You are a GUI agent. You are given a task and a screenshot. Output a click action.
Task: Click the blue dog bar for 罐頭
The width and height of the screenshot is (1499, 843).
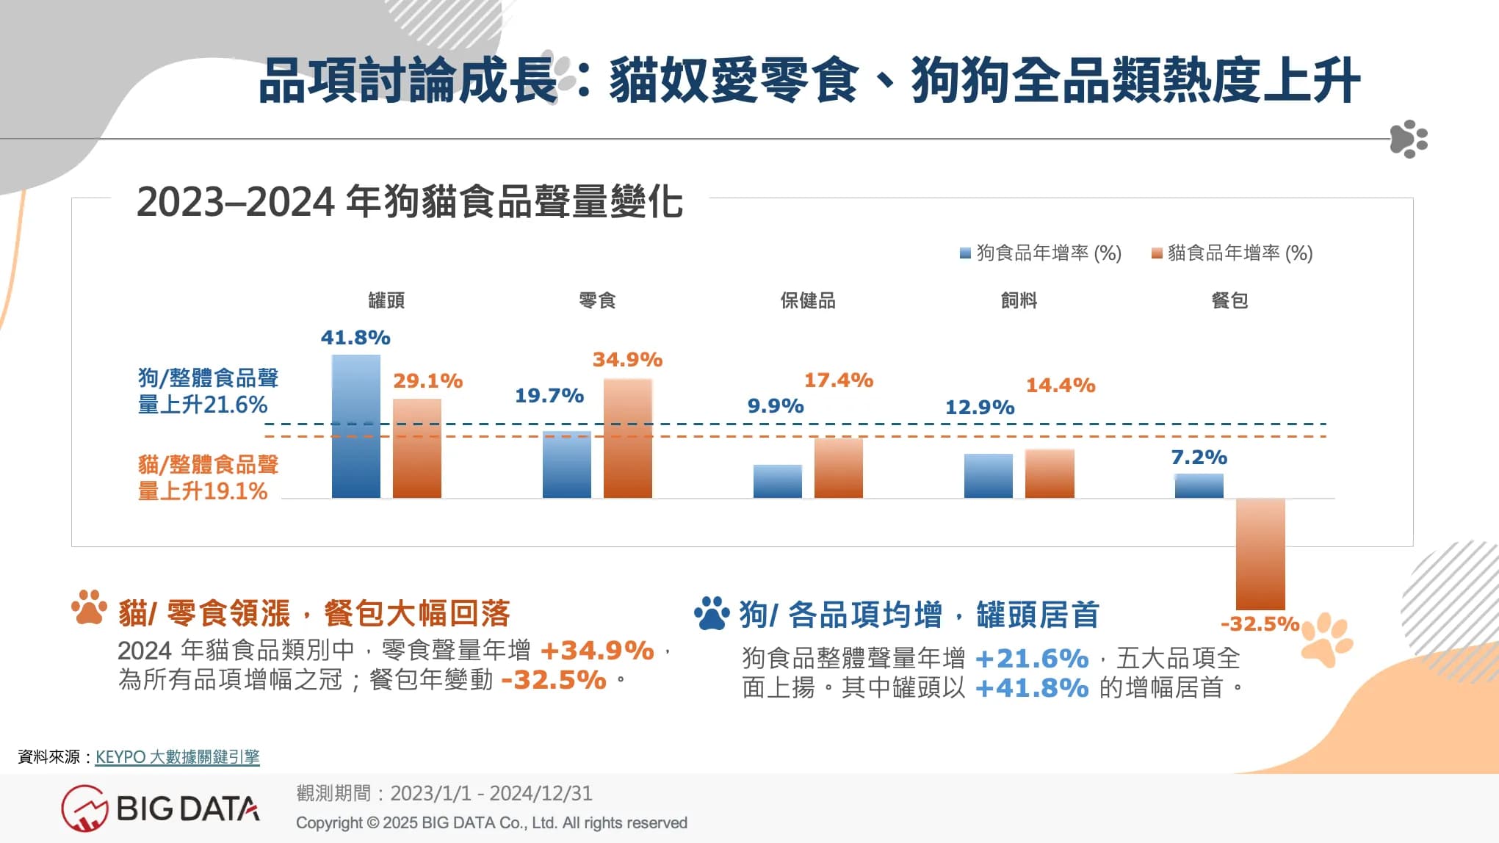[x=356, y=426]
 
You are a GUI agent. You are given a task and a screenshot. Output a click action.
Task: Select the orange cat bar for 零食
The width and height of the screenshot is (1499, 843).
[x=628, y=438]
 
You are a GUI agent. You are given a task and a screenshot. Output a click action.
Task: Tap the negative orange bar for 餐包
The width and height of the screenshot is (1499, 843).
[x=1260, y=554]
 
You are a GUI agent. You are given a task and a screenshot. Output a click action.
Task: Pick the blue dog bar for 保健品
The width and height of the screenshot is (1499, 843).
[x=778, y=481]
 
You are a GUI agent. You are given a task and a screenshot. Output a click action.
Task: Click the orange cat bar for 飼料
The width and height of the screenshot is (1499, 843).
[x=1050, y=474]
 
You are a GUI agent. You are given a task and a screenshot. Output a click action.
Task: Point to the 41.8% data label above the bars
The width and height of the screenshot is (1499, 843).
[x=355, y=338]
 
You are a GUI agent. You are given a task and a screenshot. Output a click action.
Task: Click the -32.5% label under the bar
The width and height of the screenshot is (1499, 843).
[x=1260, y=624]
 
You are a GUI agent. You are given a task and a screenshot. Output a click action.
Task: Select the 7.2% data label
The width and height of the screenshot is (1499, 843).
[x=1199, y=457]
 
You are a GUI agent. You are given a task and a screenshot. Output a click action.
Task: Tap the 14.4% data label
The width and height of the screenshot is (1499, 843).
[x=1061, y=386]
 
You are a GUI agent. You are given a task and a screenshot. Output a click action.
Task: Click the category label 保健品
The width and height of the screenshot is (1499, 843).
[x=808, y=300]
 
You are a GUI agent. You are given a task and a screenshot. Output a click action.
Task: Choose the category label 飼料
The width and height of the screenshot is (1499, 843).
[x=1019, y=300]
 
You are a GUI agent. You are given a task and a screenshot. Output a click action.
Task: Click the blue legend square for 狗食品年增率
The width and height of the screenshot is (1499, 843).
[x=966, y=253]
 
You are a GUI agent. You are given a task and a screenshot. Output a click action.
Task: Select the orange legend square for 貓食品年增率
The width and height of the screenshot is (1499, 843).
[x=1157, y=253]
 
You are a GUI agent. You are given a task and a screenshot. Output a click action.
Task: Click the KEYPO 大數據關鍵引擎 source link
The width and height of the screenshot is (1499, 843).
[x=178, y=757]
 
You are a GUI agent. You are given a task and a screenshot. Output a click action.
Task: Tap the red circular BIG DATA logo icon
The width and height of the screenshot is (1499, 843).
[x=84, y=808]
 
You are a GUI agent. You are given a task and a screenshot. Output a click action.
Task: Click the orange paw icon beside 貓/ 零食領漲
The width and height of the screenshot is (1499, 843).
[x=90, y=608]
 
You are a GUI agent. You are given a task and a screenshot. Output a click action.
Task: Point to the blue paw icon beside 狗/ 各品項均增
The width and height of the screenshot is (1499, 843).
[x=711, y=613]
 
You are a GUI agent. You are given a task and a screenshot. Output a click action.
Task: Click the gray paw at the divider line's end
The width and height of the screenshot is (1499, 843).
[x=1409, y=138]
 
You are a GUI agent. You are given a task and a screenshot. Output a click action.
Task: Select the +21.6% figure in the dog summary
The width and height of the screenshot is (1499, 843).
[x=1032, y=659]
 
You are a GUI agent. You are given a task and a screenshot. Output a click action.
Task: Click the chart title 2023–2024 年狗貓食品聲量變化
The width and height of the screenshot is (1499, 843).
[x=410, y=202]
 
